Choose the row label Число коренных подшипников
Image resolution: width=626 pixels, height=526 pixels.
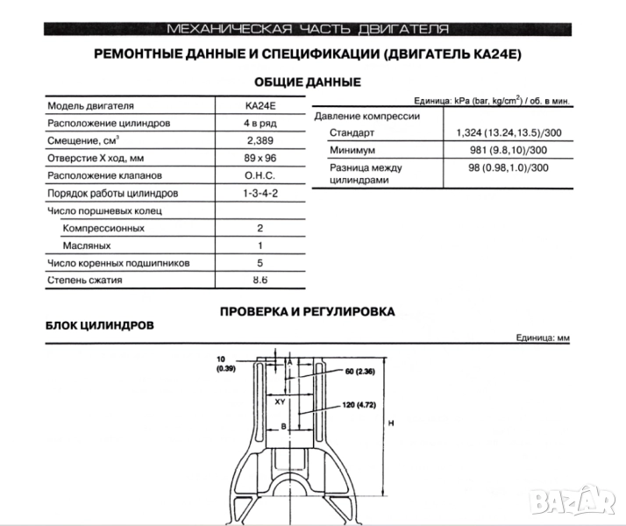(118, 263)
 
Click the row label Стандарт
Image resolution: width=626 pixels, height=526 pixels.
(352, 133)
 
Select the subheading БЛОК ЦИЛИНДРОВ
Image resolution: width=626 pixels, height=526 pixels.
(99, 324)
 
